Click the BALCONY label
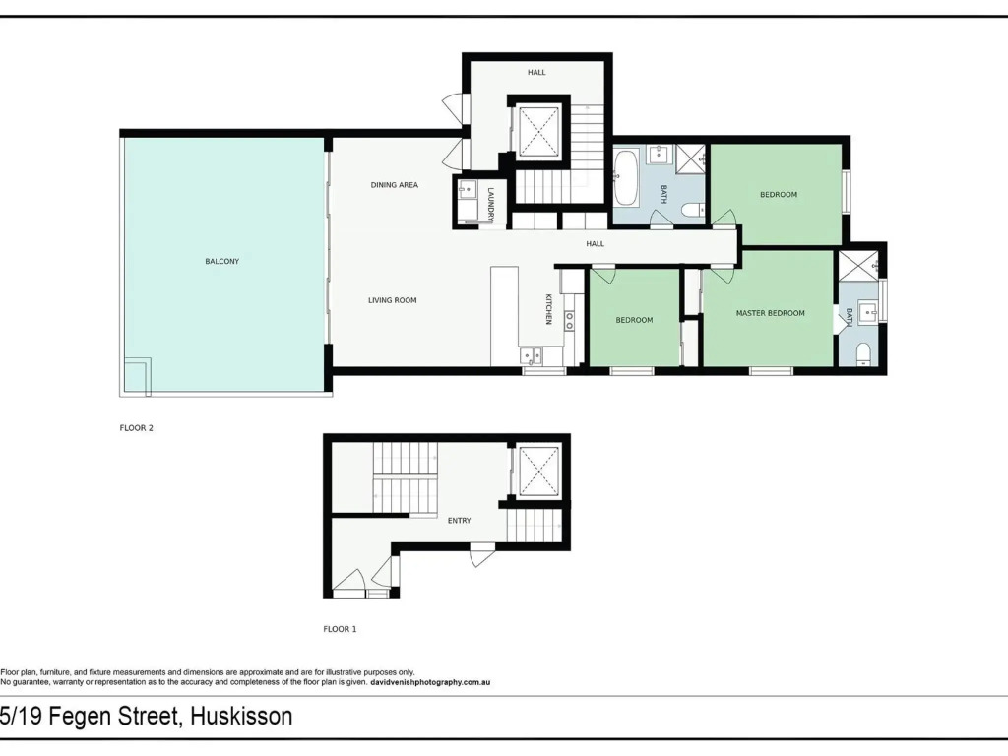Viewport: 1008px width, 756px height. point(221,262)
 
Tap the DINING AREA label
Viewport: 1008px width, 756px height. point(394,185)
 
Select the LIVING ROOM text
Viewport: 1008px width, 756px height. point(392,300)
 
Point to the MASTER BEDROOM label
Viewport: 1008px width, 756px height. point(770,313)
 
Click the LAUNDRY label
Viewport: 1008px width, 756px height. point(490,205)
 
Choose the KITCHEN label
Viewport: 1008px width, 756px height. point(548,309)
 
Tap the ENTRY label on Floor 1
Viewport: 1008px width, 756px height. point(459,521)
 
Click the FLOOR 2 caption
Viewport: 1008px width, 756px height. point(136,428)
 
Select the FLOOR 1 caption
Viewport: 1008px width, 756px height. point(340,629)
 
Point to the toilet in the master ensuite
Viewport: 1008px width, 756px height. point(863,353)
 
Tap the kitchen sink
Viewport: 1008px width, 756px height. point(531,354)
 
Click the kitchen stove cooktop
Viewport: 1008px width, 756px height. point(569,321)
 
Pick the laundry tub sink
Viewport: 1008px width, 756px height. point(467,189)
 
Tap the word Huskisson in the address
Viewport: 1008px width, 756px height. point(242,717)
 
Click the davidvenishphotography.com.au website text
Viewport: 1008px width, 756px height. point(431,683)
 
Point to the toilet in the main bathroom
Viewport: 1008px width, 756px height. point(694,210)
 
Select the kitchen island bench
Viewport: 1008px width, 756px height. point(505,317)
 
